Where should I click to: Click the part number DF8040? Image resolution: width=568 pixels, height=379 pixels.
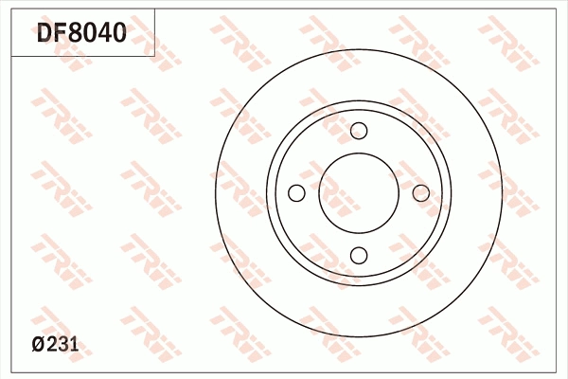(x=81, y=34)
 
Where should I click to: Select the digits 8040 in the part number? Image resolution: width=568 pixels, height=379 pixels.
(x=98, y=34)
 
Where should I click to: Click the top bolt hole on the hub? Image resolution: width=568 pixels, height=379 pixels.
(x=359, y=132)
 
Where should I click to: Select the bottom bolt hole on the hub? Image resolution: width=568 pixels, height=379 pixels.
(x=359, y=255)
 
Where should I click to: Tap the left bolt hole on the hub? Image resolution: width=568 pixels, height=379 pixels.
(x=296, y=193)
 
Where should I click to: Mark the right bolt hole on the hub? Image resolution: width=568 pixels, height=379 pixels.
(x=420, y=193)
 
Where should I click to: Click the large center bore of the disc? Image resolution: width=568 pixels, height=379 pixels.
(x=359, y=193)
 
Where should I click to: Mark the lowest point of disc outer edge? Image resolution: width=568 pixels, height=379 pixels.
(x=359, y=337)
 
